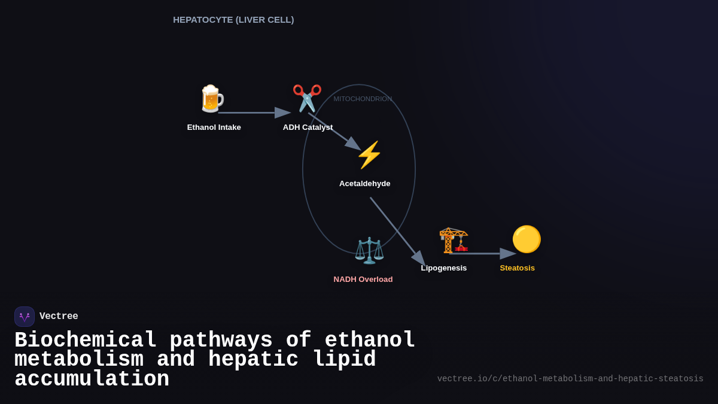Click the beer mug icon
[211, 99]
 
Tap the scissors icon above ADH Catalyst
[307, 98]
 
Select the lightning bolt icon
[369, 155]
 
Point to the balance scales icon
[369, 250]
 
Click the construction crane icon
[454, 240]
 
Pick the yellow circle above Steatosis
[527, 239]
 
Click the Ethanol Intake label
[214, 127]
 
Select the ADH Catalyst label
[308, 127]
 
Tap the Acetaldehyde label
[364, 184]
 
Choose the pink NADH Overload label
[363, 280]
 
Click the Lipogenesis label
[444, 268]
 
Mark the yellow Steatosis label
[518, 268]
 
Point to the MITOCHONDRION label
[363, 99]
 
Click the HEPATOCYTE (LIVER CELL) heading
[233, 20]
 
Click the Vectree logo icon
[25, 317]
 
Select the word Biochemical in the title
[86, 341]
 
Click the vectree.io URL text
[570, 379]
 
